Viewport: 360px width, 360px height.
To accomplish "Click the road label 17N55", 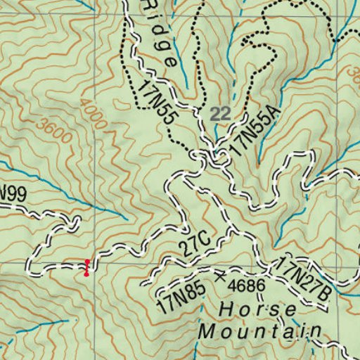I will [157, 104].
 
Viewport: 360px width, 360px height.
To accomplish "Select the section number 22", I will [219, 113].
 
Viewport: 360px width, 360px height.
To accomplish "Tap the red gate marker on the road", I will [86, 267].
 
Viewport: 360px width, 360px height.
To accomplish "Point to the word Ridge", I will [160, 33].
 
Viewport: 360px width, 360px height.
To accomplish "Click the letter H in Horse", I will [225, 309].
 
